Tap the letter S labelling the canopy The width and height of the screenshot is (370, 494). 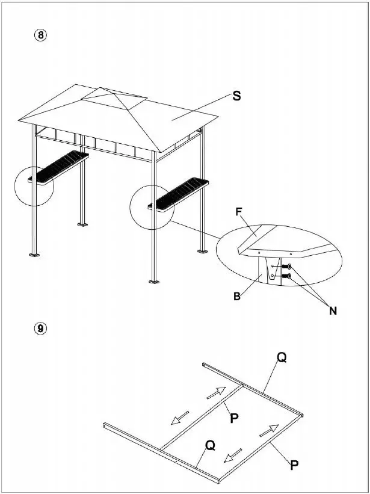click(x=237, y=96)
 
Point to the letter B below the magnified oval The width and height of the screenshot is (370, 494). click(x=238, y=296)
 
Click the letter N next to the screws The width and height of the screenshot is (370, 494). click(x=333, y=310)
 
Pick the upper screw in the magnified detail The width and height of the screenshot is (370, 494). click(x=288, y=267)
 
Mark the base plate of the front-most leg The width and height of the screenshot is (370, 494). click(x=155, y=281)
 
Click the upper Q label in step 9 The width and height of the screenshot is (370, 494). click(x=282, y=357)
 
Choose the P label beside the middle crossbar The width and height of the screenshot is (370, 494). click(x=235, y=418)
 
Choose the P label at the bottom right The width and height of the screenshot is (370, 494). click(x=294, y=465)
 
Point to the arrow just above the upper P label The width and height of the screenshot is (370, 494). click(x=217, y=393)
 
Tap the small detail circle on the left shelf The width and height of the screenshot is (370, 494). click(x=34, y=186)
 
